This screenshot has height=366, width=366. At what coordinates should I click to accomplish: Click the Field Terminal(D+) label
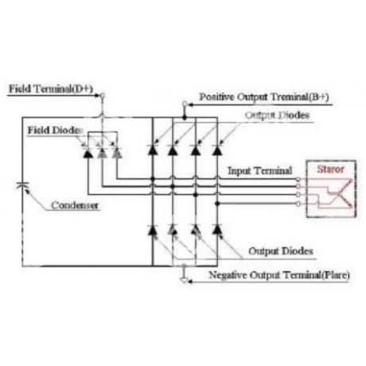[x=51, y=89]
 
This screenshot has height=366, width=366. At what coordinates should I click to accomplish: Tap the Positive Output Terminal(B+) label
[x=264, y=97]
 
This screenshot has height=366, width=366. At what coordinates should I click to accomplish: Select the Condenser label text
[x=75, y=205]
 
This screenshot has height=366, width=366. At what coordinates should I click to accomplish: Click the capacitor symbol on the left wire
[x=22, y=185]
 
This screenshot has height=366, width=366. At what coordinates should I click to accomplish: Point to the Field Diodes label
[x=56, y=130]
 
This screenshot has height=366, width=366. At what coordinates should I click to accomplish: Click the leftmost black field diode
[x=88, y=154]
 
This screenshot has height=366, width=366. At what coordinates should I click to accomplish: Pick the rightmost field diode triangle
[x=117, y=153]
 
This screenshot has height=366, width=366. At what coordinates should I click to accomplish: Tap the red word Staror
[x=330, y=169]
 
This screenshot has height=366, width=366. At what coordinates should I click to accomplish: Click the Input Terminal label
[x=260, y=171]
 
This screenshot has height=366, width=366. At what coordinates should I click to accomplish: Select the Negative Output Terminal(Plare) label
[x=279, y=275]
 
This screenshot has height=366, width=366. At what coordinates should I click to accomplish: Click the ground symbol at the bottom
[x=184, y=280]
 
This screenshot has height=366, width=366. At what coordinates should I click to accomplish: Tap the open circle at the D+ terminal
[x=103, y=95]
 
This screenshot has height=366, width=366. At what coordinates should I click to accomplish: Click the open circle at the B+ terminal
[x=185, y=104]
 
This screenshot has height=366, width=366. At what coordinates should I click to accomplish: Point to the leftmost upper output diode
[x=152, y=150]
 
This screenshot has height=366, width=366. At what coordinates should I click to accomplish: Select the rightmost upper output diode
[x=217, y=150]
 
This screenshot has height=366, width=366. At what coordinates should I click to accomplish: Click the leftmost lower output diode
[x=152, y=230]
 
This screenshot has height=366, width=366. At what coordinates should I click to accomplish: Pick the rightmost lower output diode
[x=217, y=230]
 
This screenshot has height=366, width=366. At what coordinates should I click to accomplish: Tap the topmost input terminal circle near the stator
[x=298, y=180]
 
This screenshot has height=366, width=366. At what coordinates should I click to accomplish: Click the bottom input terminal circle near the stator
[x=298, y=204]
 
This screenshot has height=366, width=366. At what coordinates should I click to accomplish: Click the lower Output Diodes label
[x=281, y=251]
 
